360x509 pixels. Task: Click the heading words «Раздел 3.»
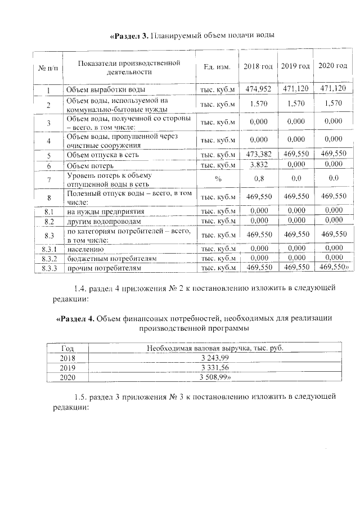[x=129, y=36]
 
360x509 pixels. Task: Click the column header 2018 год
[x=258, y=67]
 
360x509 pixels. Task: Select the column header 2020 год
[x=332, y=66]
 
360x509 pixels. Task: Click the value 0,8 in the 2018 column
[x=258, y=179]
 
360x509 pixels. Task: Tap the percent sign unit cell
[x=217, y=179]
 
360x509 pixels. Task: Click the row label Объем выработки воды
[x=106, y=90]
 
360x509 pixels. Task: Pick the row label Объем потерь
[x=90, y=166]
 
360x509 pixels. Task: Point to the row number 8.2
[x=48, y=222]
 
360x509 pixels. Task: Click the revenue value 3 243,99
[x=214, y=358]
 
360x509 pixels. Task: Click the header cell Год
[x=67, y=349]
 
